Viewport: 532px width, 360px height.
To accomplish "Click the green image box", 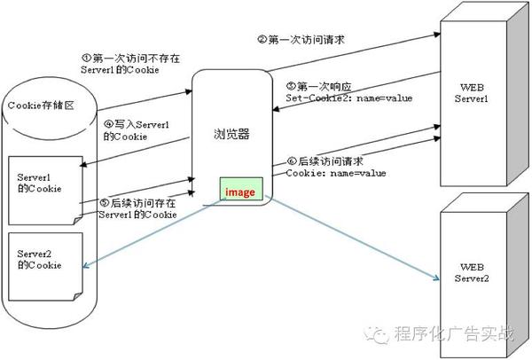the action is tap(241, 189).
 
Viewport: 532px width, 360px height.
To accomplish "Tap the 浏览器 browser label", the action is tap(231, 134).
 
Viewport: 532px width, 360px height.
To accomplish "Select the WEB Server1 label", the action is tap(472, 93).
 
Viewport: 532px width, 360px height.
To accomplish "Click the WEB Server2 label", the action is tap(472, 273).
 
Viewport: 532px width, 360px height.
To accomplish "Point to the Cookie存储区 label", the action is tap(41, 106).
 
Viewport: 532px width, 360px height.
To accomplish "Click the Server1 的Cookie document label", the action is tap(39, 183).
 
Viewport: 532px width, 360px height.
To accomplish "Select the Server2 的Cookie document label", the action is tap(39, 260).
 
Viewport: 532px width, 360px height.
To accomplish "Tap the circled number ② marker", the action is tap(262, 39).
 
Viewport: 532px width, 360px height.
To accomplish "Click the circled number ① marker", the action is tap(87, 58).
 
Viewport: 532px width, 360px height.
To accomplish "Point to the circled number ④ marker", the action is tap(108, 124).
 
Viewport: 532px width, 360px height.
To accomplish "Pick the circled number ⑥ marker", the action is tap(292, 160).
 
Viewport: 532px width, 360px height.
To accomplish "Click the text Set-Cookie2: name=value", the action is tap(349, 98).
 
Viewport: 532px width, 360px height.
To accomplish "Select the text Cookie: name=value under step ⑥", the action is tap(336, 173).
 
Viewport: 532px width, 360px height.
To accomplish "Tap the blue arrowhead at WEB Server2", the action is tap(436, 278).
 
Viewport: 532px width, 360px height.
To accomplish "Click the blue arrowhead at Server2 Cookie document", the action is tap(85, 266).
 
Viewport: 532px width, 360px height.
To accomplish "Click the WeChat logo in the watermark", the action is tap(377, 334).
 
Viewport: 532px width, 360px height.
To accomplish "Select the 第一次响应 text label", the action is tap(325, 87).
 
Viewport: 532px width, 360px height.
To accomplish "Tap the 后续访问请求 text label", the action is tap(331, 161).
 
